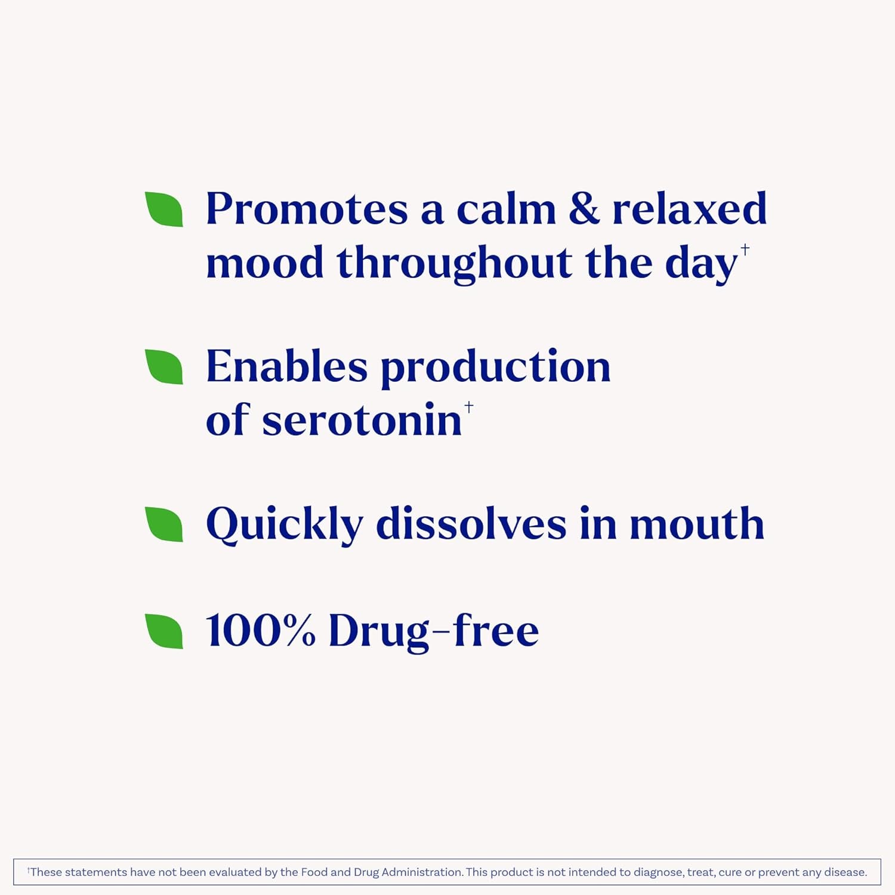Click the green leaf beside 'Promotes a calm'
point(164,209)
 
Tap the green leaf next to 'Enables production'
point(164,366)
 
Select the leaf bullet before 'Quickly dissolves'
point(164,524)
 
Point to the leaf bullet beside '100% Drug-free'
point(164,630)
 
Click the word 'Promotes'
point(307,209)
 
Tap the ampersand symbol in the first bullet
point(584,209)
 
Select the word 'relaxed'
point(689,209)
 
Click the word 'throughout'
point(454,263)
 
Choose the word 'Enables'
point(286,366)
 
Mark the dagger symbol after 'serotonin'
point(469,407)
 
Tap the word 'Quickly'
point(284,524)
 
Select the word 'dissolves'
point(471,524)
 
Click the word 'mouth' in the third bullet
point(696,524)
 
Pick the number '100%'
point(260,630)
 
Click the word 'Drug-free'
point(434,631)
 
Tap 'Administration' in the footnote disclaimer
point(422,872)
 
